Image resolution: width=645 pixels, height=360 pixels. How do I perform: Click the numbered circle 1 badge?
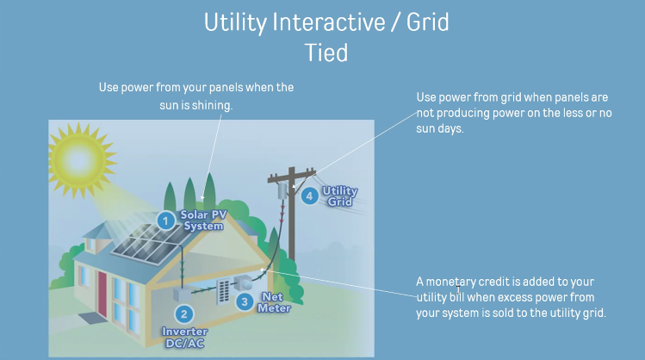[166, 221]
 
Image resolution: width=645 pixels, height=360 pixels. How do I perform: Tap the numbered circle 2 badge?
[184, 314]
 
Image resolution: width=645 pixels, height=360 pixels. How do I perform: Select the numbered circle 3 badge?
[245, 302]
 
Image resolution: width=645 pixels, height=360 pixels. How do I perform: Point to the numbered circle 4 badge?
[310, 196]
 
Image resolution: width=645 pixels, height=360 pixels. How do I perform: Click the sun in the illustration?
[78, 160]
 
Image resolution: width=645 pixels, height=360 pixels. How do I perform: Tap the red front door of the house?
[102, 293]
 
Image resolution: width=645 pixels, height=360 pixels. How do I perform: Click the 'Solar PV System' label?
[203, 220]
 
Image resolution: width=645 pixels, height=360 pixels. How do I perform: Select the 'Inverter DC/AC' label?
[184, 338]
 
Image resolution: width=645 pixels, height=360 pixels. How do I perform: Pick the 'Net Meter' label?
[274, 302]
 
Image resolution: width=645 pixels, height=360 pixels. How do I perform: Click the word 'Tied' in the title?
[326, 53]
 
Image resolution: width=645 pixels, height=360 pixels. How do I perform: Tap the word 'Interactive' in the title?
[329, 22]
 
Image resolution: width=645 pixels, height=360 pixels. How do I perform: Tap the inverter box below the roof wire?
[183, 295]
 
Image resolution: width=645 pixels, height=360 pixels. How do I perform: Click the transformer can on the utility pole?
[282, 191]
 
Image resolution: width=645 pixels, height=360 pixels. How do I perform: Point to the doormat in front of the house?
[90, 318]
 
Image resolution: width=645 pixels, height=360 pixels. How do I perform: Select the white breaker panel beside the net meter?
[222, 292]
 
